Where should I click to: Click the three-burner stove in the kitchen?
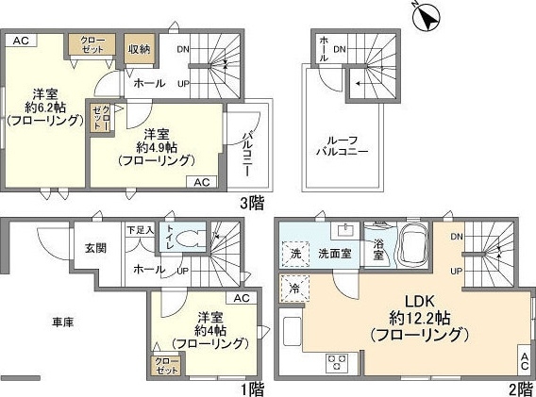(x=337, y=362)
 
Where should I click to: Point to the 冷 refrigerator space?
(x=294, y=289)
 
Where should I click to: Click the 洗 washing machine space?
(x=295, y=254)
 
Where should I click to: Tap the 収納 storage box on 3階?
(x=140, y=48)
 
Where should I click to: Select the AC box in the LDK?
(x=525, y=361)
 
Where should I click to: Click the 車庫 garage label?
(x=63, y=322)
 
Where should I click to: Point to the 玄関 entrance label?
(x=95, y=248)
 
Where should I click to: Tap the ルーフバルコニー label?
(x=342, y=146)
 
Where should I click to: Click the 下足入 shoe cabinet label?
(x=141, y=230)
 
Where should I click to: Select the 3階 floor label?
(x=252, y=204)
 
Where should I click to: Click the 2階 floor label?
(x=520, y=389)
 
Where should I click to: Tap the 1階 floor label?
(x=253, y=389)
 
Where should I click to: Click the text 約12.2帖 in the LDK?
(x=420, y=319)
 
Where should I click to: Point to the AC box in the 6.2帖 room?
(x=21, y=41)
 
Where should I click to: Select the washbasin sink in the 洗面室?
(x=345, y=231)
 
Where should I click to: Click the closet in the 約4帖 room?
(x=166, y=366)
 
